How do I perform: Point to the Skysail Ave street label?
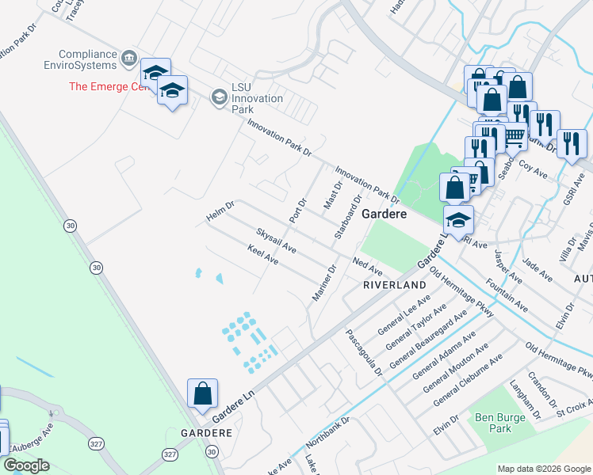(x=276, y=241)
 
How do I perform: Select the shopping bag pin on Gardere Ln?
(x=202, y=393)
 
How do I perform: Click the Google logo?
(x=26, y=466)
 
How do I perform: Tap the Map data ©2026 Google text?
(x=544, y=469)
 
